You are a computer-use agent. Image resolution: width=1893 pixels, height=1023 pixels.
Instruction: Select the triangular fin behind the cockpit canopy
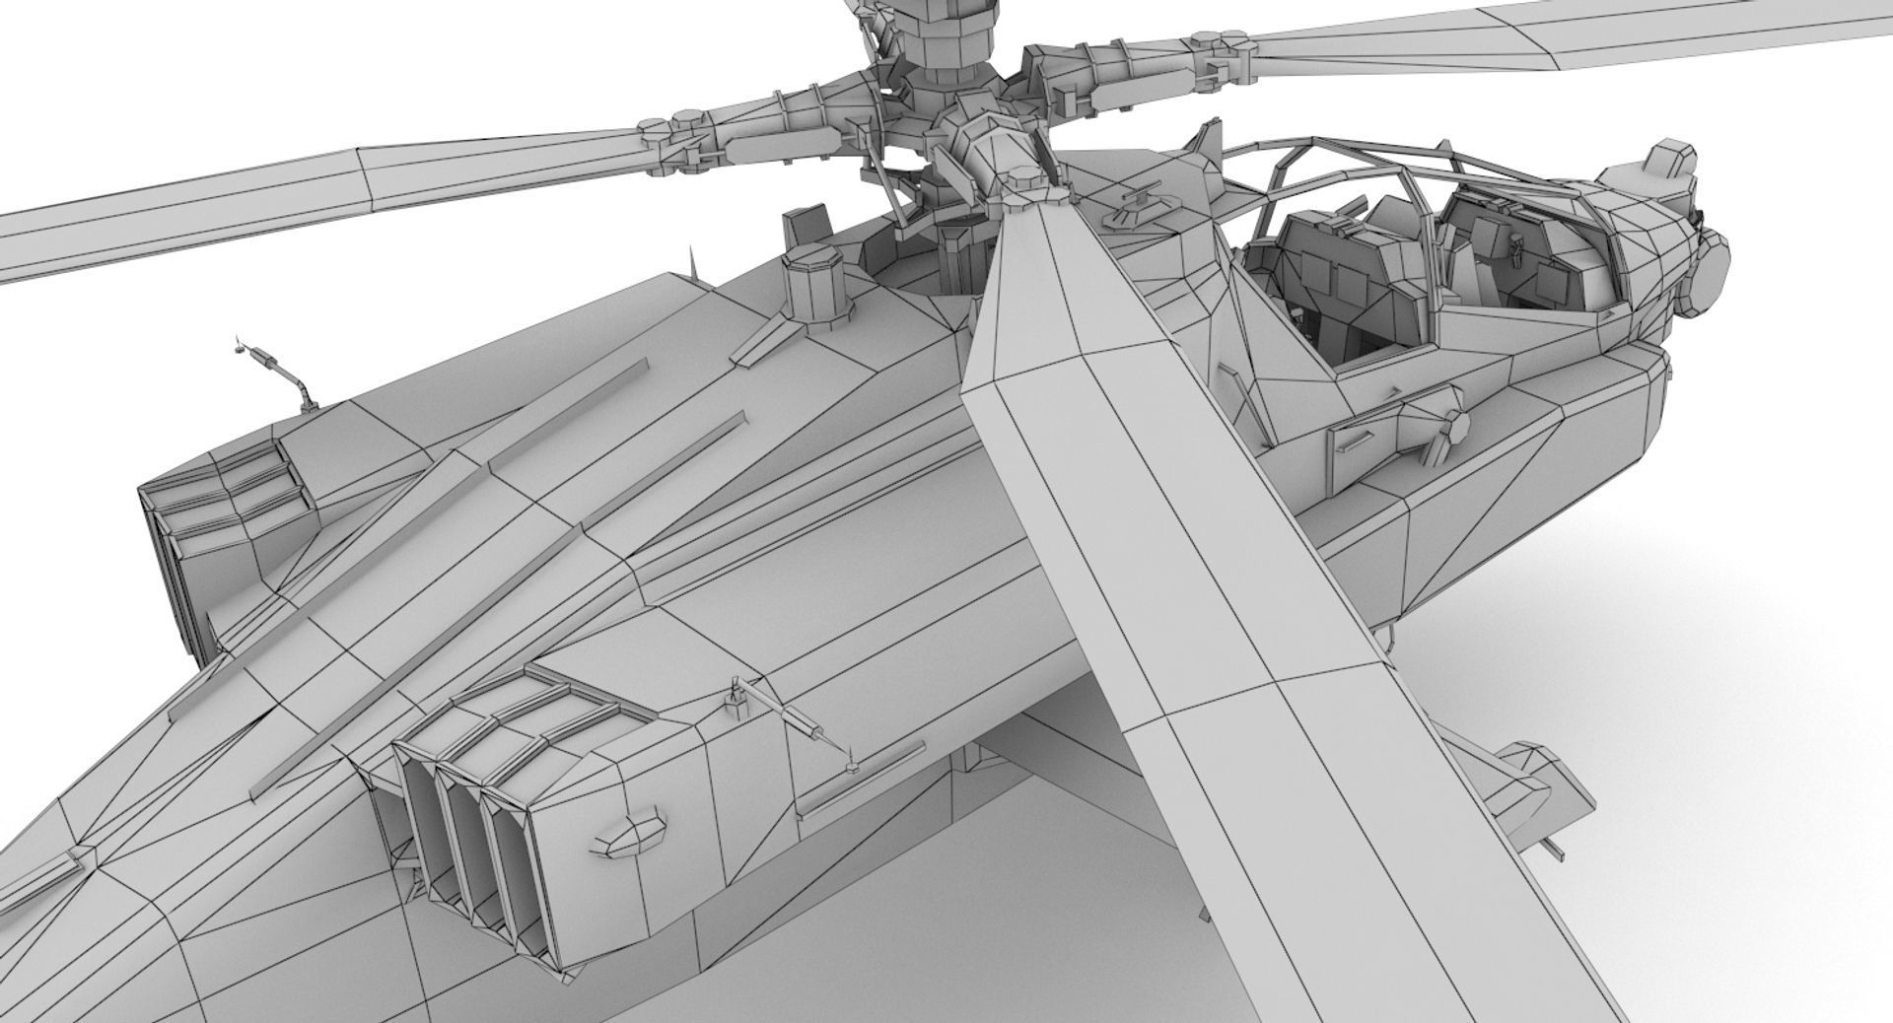(x=1205, y=146)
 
